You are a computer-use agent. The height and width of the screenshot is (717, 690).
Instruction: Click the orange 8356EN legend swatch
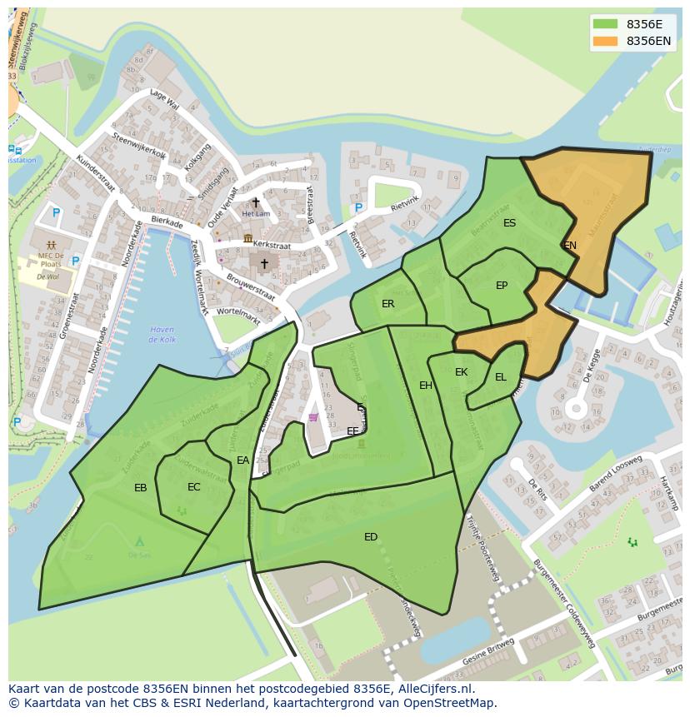tap(605, 41)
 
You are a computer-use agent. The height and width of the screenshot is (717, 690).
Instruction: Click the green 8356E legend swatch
tap(605, 24)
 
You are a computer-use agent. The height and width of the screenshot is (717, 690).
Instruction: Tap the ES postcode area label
tap(509, 223)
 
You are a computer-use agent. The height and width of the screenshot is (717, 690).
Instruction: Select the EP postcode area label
tap(502, 286)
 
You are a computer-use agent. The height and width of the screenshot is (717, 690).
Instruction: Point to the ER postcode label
tap(387, 304)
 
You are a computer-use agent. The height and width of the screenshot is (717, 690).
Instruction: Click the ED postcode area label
tap(371, 537)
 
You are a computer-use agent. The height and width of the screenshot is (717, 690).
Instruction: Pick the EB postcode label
tap(140, 488)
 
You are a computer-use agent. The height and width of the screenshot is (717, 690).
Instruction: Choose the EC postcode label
tap(193, 487)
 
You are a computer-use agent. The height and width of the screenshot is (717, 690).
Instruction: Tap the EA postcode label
tap(242, 461)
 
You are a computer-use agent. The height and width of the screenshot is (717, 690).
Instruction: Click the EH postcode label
tap(426, 386)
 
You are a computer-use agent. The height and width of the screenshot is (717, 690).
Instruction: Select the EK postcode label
tap(461, 372)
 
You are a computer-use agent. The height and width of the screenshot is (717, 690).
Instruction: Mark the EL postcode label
tap(500, 377)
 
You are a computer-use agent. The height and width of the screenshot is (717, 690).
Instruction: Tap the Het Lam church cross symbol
tap(256, 202)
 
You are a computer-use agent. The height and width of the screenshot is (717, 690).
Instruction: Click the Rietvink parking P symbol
tap(358, 208)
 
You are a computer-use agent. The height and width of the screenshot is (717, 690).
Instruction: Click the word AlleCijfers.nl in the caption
tap(431, 690)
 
